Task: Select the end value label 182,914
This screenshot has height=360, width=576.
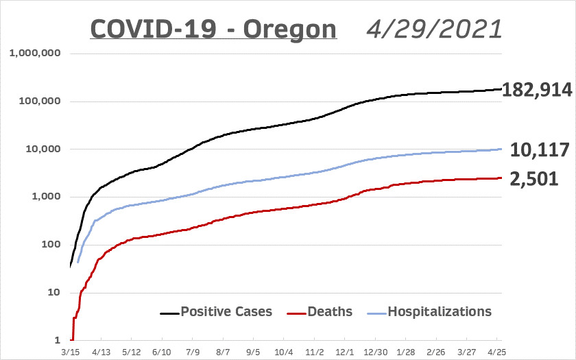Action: [537, 90]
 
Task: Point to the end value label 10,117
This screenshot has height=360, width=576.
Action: [539, 150]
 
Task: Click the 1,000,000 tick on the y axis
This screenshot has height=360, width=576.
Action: [34, 53]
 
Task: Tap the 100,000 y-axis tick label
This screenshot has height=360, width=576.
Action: [39, 101]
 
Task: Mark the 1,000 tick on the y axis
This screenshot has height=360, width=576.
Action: [45, 197]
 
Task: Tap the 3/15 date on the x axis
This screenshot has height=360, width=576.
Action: [71, 350]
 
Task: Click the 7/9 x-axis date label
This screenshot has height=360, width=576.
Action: [192, 350]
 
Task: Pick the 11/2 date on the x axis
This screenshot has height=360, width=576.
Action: [315, 350]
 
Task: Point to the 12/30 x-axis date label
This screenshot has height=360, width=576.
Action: [375, 350]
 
